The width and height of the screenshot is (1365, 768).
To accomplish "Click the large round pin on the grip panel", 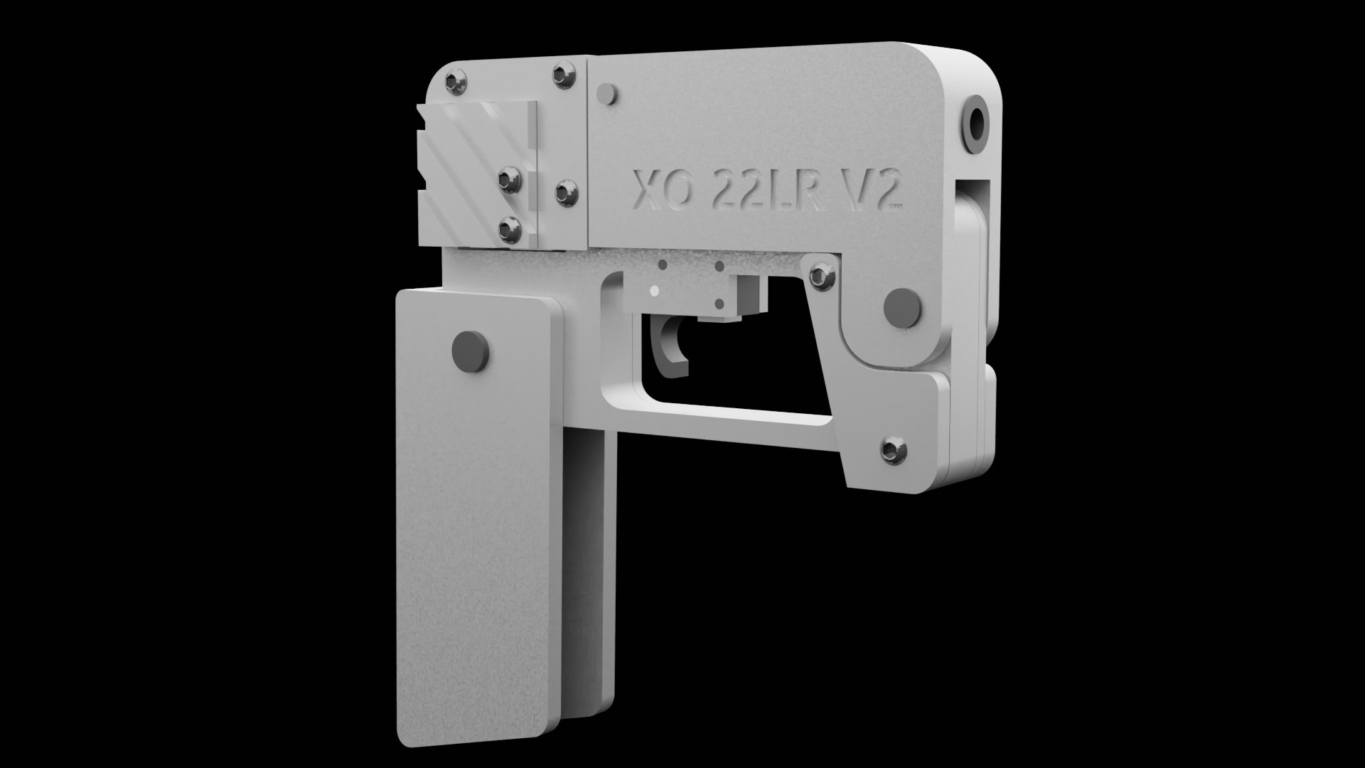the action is (x=471, y=351).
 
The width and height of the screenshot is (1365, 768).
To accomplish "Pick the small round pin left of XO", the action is (x=606, y=93).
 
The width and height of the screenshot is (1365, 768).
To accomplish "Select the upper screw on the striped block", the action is (x=510, y=179).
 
